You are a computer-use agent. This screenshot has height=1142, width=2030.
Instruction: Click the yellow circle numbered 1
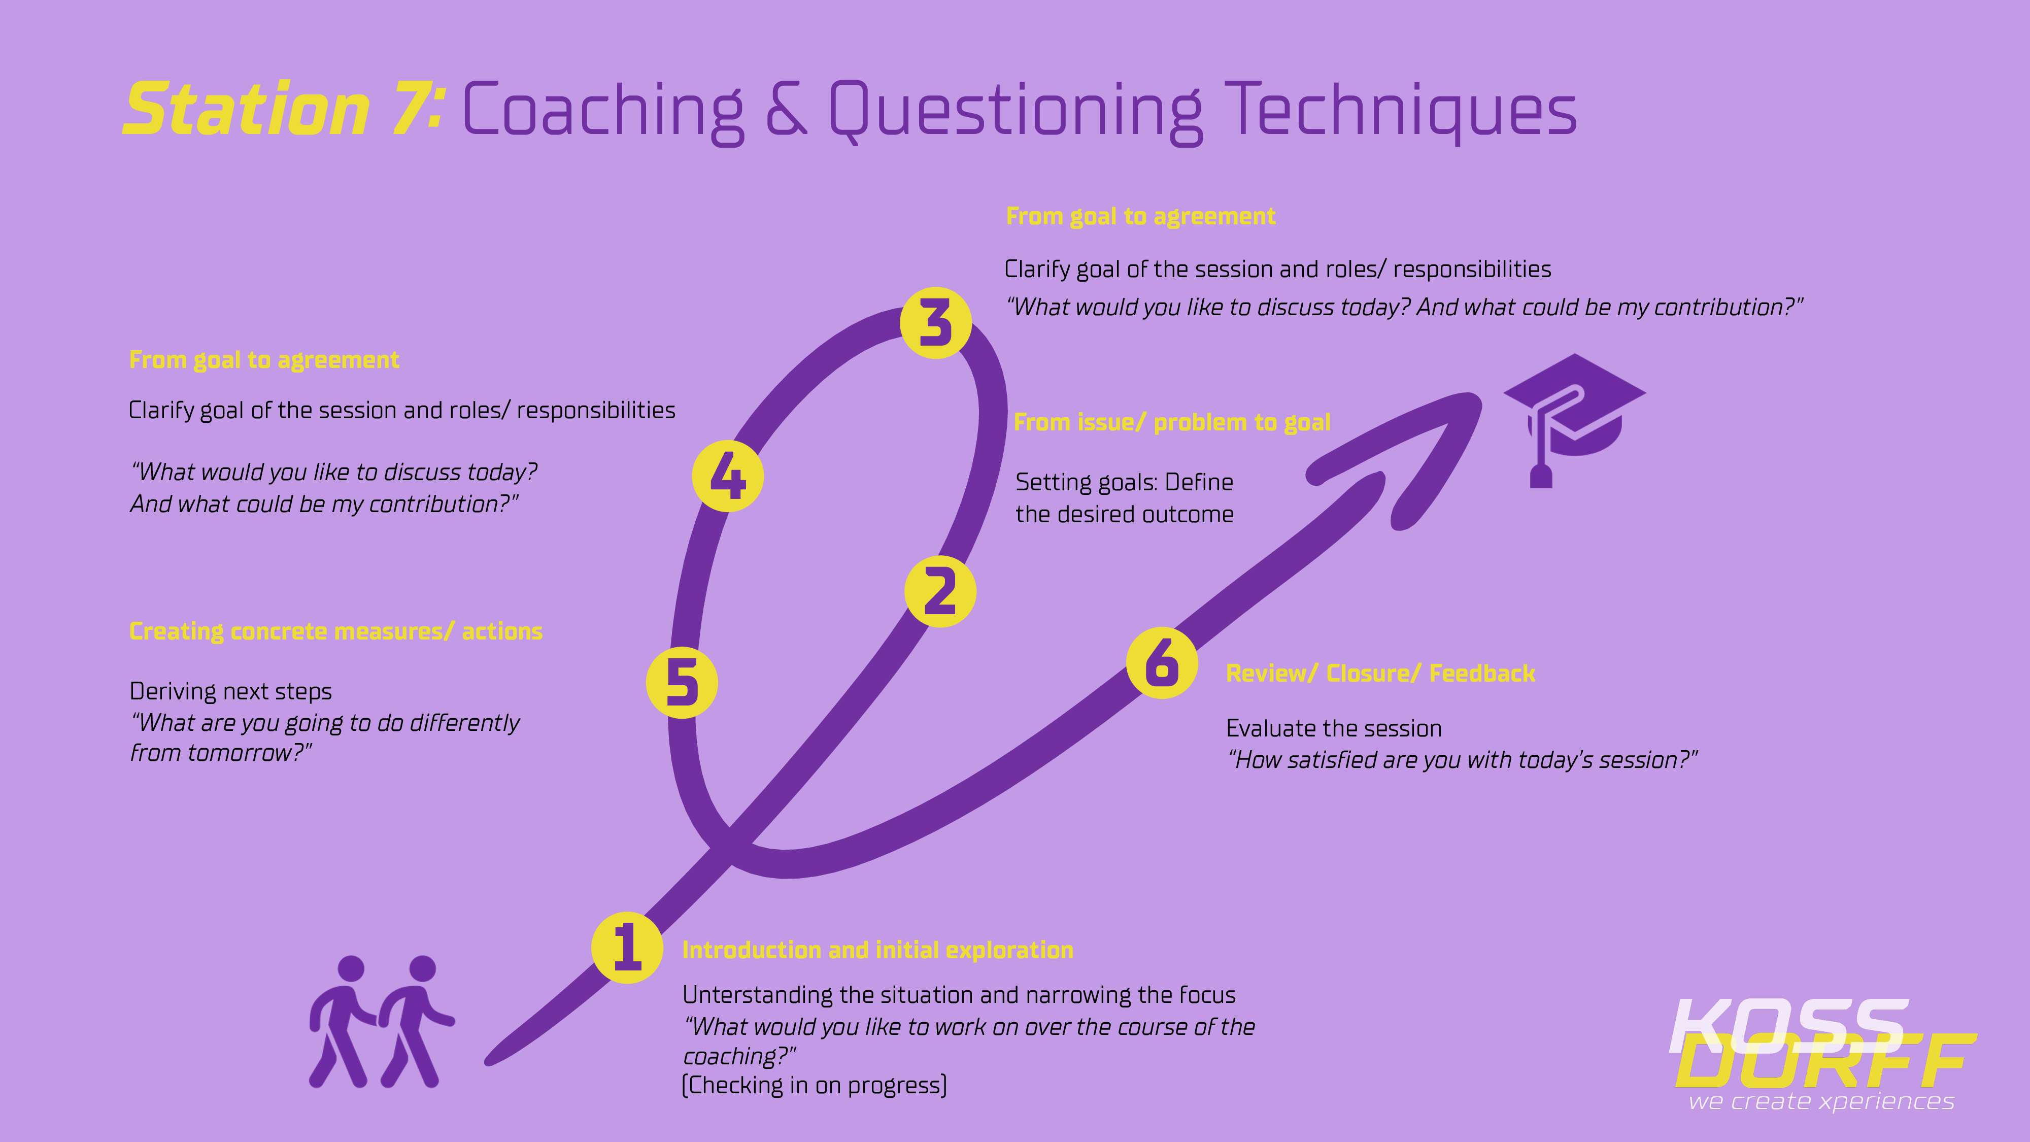coord(627,947)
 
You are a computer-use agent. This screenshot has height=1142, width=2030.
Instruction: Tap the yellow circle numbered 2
coord(940,591)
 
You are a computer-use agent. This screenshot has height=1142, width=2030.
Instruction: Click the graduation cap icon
coord(1574,420)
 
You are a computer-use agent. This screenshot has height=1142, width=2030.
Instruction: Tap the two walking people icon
coord(382,1021)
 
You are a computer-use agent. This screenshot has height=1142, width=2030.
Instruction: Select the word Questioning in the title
coord(1016,111)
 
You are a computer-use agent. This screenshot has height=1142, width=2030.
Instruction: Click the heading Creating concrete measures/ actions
coord(335,631)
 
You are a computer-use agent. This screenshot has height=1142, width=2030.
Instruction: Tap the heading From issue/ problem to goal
coord(1172,422)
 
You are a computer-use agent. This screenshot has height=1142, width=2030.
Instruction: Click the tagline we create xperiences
coord(1821,1101)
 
